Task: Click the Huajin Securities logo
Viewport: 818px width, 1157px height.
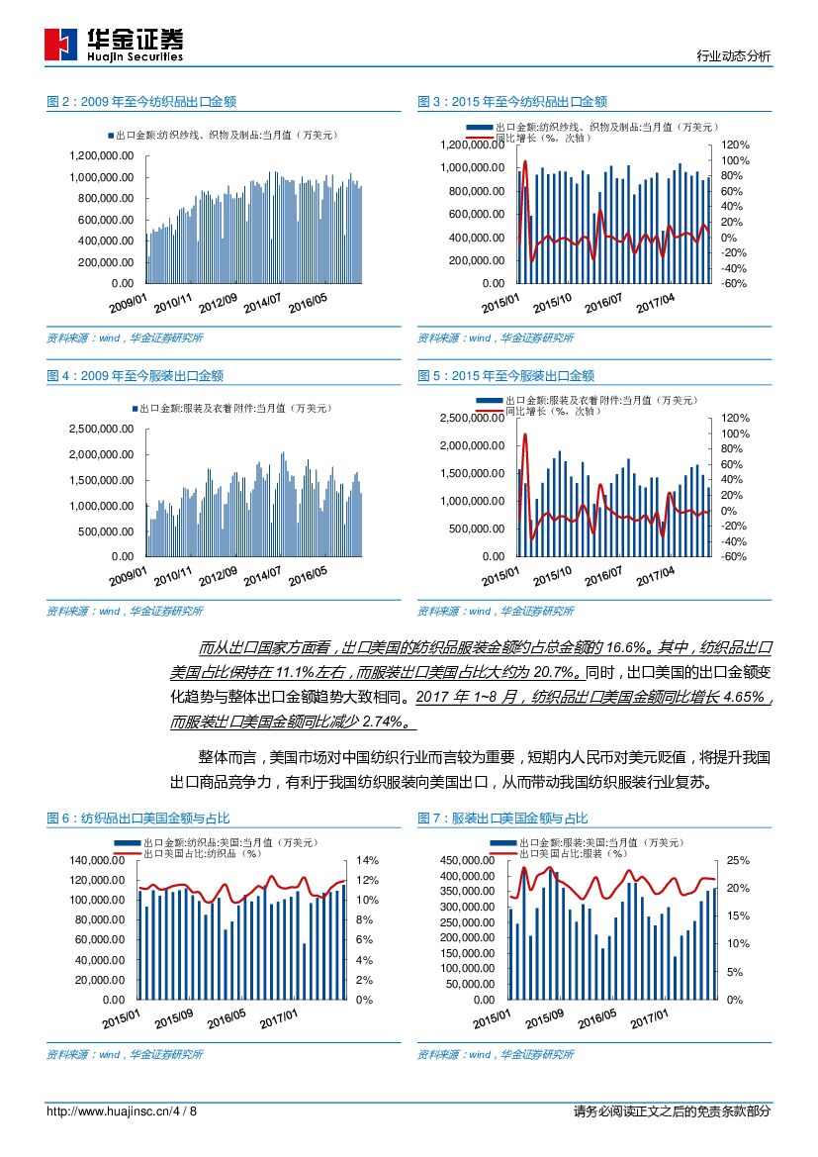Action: click(x=114, y=44)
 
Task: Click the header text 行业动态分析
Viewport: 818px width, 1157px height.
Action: click(x=733, y=56)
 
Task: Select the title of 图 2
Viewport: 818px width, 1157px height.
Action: click(x=140, y=102)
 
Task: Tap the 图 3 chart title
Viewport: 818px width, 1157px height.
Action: click(x=511, y=102)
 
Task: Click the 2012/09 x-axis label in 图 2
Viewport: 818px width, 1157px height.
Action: click(x=218, y=300)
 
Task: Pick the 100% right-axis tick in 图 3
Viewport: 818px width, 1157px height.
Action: click(x=736, y=160)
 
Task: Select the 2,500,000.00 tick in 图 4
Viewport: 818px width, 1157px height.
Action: click(x=101, y=430)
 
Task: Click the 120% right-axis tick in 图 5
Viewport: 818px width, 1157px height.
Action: click(x=736, y=419)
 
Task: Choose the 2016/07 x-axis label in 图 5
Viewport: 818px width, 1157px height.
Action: click(x=603, y=574)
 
